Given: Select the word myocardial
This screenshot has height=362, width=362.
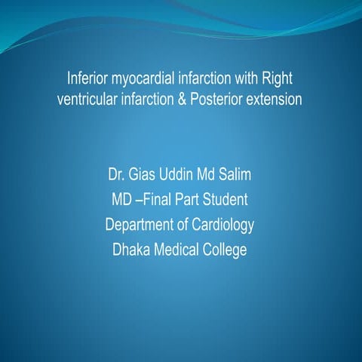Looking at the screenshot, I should point(145,78).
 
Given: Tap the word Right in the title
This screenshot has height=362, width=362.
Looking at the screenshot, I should point(278,78).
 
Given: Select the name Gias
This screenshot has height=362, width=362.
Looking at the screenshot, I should point(150,177).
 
